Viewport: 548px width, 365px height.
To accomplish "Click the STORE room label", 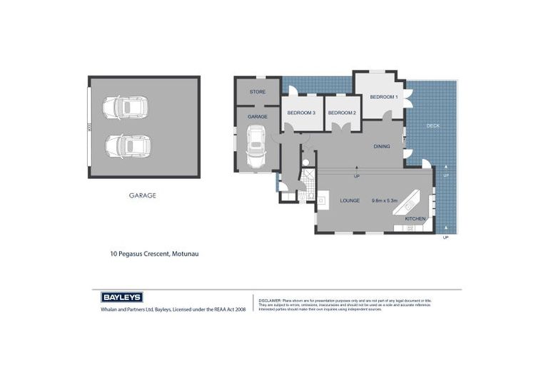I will pyautogui.click(x=257, y=92).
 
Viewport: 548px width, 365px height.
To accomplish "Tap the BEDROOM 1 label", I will pyautogui.click(x=383, y=96).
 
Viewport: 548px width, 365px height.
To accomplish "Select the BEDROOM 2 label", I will pyautogui.click(x=342, y=113).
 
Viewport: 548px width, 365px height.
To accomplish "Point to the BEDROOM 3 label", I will pyautogui.click(x=301, y=113).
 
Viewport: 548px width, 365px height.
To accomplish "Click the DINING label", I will pyautogui.click(x=382, y=146).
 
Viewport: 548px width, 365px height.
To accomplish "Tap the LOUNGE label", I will pyautogui.click(x=349, y=200).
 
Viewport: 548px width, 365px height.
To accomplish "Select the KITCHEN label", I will pyautogui.click(x=415, y=218).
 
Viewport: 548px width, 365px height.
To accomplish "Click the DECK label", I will pyautogui.click(x=433, y=125).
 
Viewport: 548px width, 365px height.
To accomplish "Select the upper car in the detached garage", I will pyautogui.click(x=125, y=108).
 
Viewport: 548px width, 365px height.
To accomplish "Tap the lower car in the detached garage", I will pyautogui.click(x=127, y=145).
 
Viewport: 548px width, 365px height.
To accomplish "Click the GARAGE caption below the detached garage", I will pyautogui.click(x=142, y=195).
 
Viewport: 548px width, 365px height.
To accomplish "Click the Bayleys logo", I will pyautogui.click(x=121, y=297).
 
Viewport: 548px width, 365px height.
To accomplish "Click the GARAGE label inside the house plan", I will pyautogui.click(x=257, y=116).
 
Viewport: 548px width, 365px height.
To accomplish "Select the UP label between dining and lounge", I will pyautogui.click(x=356, y=175).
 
